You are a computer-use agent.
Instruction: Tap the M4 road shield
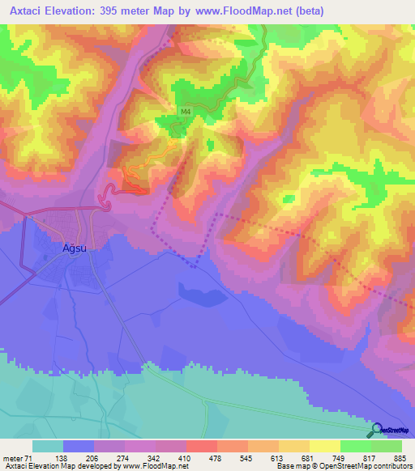click(x=186, y=112)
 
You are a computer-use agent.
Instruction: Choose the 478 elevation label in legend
click(x=215, y=457)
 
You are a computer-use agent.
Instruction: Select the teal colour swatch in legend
click(x=48, y=446)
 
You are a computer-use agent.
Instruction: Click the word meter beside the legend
click(x=13, y=457)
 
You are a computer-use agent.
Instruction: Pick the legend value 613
click(x=277, y=457)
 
